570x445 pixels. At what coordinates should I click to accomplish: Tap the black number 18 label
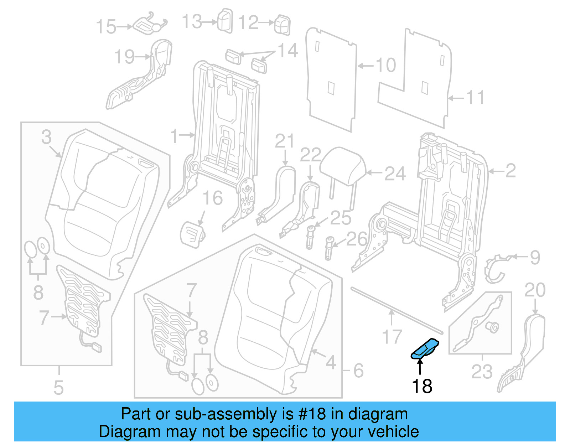tap(422, 386)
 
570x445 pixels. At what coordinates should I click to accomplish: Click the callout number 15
tap(106, 27)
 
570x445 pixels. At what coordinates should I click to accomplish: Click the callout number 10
tap(385, 65)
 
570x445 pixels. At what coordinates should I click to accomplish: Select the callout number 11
tap(476, 98)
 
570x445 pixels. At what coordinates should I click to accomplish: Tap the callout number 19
tap(125, 57)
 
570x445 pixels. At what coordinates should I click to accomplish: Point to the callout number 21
tap(284, 142)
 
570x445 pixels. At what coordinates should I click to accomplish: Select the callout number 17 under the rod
tap(392, 337)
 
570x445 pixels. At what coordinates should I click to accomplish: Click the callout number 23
tap(482, 372)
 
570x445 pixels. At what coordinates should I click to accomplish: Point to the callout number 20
tap(535, 290)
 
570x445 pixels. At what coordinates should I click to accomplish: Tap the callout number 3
tap(46, 138)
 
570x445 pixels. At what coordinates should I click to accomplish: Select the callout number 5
tap(58, 388)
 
